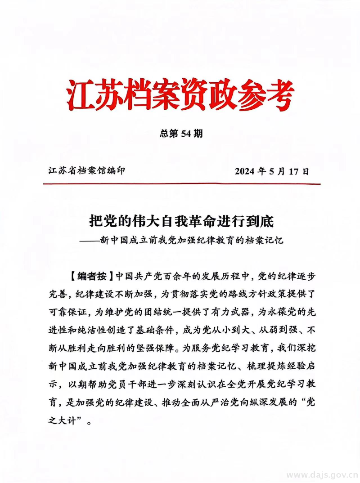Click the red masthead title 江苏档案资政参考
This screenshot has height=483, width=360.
(180, 95)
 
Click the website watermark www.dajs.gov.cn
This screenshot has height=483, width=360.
(321, 475)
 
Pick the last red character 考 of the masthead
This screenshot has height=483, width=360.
(279, 95)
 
